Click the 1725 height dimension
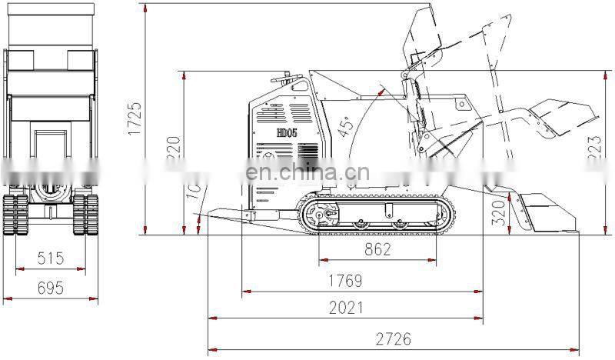135,118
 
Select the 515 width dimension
51,258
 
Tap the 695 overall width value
51,288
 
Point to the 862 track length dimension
377,249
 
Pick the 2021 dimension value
346,308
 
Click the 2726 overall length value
392,337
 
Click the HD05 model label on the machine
287,133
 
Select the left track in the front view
16,214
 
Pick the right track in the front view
87,214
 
